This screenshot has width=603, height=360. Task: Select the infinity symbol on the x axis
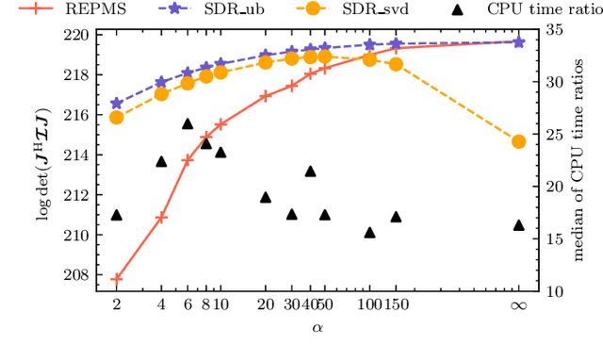coord(517,305)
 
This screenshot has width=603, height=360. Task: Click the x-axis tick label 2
coord(117,305)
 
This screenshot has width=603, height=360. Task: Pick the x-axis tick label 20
coord(265,305)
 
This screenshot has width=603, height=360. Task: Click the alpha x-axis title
coord(317,327)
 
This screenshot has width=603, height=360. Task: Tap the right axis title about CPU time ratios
coord(586,159)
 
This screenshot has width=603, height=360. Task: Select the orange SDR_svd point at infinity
coord(517,141)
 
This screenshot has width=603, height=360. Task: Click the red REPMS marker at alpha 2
coord(117,279)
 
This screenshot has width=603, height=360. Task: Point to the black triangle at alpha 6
coord(187,123)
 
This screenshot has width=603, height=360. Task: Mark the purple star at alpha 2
coord(117,104)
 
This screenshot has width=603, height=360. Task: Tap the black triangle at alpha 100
coord(369,232)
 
